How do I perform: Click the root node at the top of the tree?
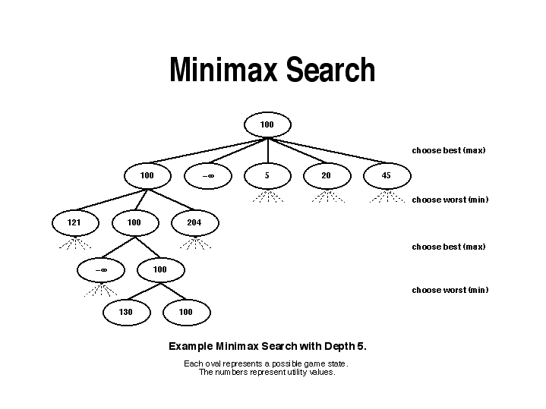click(267, 124)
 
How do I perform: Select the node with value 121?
click(74, 223)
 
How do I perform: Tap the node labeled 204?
click(194, 223)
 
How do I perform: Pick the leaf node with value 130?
click(126, 312)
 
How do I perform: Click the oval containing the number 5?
click(267, 176)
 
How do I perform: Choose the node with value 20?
click(326, 176)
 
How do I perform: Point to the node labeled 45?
click(386, 176)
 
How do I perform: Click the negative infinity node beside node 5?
click(208, 176)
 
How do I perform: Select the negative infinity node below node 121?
click(101, 269)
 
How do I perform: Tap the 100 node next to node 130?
click(186, 312)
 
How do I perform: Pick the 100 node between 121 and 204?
click(134, 223)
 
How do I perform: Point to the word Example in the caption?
click(193, 346)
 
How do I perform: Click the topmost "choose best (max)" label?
click(448, 150)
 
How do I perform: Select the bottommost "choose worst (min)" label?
click(450, 290)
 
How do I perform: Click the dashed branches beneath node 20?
click(327, 197)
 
